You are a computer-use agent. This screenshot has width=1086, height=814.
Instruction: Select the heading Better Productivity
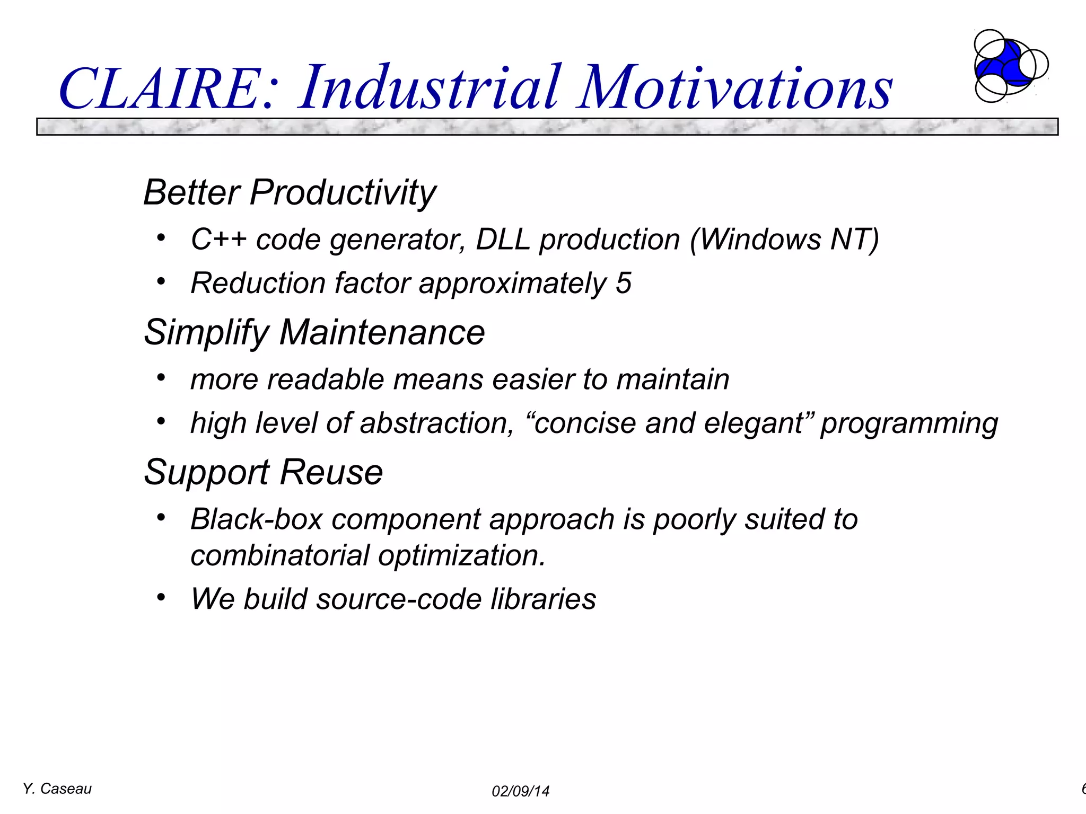(290, 192)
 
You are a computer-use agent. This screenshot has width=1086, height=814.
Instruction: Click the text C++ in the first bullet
(218, 240)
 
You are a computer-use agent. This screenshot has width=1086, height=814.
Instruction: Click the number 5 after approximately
(624, 283)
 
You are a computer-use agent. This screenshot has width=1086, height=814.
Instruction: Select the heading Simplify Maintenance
(314, 333)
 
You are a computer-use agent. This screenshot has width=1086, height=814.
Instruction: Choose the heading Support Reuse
(263, 472)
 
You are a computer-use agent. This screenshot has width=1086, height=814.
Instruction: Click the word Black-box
(257, 519)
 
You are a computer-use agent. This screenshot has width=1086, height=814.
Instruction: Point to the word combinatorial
(280, 556)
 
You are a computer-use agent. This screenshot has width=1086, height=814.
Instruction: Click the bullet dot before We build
(161, 597)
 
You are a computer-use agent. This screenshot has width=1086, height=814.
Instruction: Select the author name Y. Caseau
(57, 789)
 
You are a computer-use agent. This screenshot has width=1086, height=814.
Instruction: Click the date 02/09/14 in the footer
(520, 792)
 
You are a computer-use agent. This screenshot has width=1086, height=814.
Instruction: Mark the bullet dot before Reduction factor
(161, 281)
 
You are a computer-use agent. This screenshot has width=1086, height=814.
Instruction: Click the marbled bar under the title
(546, 127)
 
